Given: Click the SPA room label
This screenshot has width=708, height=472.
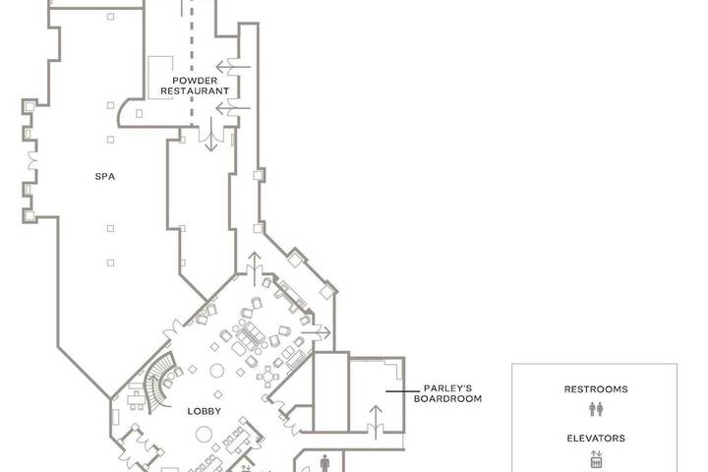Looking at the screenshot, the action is pyautogui.click(x=105, y=177).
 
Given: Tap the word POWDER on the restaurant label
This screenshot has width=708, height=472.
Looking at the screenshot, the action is pyautogui.click(x=195, y=81).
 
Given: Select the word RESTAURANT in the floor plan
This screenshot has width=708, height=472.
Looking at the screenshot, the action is pyautogui.click(x=195, y=90).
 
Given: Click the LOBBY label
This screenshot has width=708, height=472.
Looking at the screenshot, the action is pyautogui.click(x=205, y=411).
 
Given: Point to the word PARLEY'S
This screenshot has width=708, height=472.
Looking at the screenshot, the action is pyautogui.click(x=448, y=388).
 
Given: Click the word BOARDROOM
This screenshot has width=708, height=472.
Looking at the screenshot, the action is pyautogui.click(x=448, y=399).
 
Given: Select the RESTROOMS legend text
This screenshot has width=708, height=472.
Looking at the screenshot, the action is pyautogui.click(x=596, y=389).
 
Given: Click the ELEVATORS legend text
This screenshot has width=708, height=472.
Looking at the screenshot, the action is pyautogui.click(x=596, y=439).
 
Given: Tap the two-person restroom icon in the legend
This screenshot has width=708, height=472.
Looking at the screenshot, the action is pyautogui.click(x=596, y=409).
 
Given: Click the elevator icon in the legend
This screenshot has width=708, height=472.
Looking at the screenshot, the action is pyautogui.click(x=596, y=459).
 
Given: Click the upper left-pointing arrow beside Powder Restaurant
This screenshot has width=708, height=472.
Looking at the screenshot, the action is pyautogui.click(x=233, y=67).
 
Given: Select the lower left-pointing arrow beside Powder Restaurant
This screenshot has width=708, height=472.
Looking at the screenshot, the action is pyautogui.click(x=233, y=108).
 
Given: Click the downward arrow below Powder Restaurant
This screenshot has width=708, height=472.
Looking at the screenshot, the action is pyautogui.click(x=210, y=134).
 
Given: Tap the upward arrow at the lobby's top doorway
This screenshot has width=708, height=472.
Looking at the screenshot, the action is pyautogui.click(x=255, y=269).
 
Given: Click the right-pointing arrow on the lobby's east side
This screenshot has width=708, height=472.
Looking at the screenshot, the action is pyautogui.click(x=316, y=333).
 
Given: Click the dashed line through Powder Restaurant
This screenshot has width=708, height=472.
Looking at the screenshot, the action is pyautogui.click(x=192, y=63).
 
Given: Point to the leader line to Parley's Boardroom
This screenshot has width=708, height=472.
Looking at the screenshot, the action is pyautogui.click(x=402, y=391).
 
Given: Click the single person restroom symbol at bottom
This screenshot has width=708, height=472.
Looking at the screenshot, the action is pyautogui.click(x=324, y=463).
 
